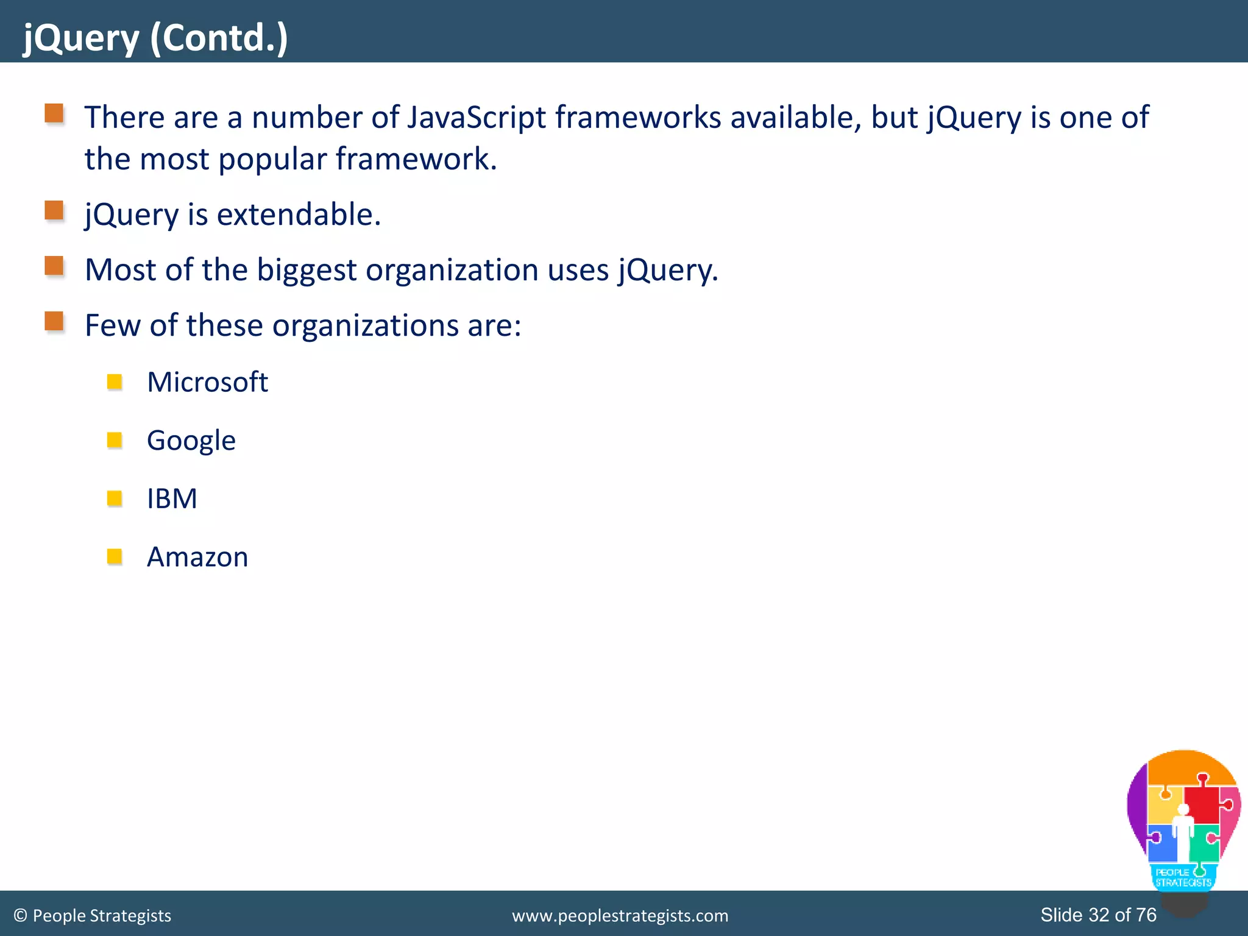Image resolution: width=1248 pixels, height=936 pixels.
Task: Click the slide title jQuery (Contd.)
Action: point(155,38)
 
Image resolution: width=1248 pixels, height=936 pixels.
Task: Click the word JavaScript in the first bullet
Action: point(476,117)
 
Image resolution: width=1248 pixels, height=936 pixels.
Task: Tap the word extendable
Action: point(299,214)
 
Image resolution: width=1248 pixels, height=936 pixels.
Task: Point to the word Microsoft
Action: point(207,382)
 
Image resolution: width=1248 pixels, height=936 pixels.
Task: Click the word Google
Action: point(191,441)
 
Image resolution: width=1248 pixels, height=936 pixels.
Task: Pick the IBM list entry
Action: point(172,498)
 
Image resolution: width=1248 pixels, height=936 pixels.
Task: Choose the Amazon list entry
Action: point(197,557)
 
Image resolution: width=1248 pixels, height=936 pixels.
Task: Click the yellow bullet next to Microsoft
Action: point(115,382)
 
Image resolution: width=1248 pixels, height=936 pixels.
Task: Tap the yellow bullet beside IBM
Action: point(115,498)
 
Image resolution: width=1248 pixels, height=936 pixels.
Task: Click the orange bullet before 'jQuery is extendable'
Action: point(54,211)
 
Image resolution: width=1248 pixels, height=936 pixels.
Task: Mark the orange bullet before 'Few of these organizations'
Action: point(54,321)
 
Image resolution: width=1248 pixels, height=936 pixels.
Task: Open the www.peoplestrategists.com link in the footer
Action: point(620,916)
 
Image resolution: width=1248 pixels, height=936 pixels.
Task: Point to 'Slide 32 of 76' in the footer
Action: point(1098,915)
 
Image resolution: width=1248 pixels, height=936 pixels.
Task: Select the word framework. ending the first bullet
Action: point(416,159)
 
